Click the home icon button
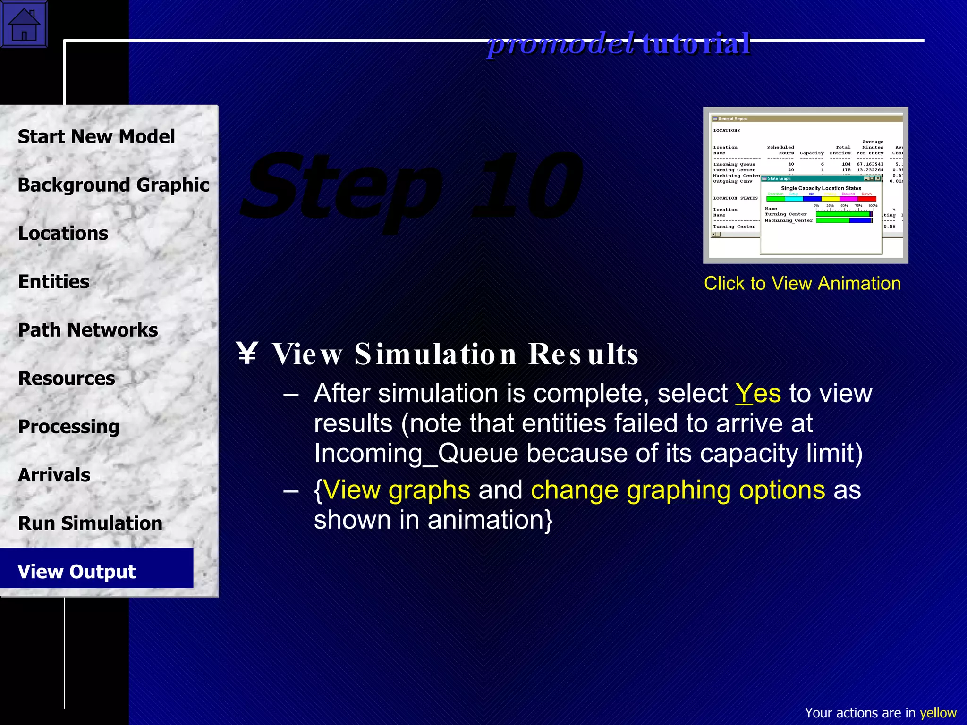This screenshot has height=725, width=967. pos(24,24)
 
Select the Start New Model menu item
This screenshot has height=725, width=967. pos(96,137)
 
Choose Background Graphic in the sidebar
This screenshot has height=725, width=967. pos(113,185)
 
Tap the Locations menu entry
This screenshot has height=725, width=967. pos(63,234)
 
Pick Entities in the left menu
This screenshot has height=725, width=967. pos(54,282)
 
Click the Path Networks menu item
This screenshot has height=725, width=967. pos(88,330)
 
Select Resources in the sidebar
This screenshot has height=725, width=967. pos(67,379)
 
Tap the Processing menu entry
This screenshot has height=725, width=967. pos(69,427)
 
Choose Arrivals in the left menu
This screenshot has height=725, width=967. pos(54,475)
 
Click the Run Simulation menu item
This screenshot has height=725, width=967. pos(90,523)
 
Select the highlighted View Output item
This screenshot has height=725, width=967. pos(77,572)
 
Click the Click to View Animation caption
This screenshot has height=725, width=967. pos(802,283)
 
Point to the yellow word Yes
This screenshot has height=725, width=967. pos(758,393)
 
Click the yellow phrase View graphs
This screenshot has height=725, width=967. pos(397,490)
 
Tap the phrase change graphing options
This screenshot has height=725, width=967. pos(678,490)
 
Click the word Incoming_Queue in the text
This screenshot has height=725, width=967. pos(416,454)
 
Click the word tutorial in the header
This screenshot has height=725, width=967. pos(696,43)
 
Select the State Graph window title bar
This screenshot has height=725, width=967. pos(812,178)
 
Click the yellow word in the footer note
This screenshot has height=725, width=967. pos(938,713)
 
